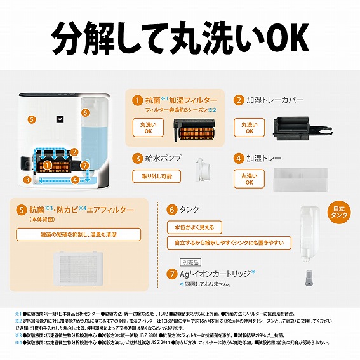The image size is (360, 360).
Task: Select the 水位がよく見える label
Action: (x=194, y=227)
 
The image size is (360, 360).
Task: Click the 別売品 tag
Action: (x=190, y=261)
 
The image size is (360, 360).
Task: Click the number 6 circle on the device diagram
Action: (x=85, y=112)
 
